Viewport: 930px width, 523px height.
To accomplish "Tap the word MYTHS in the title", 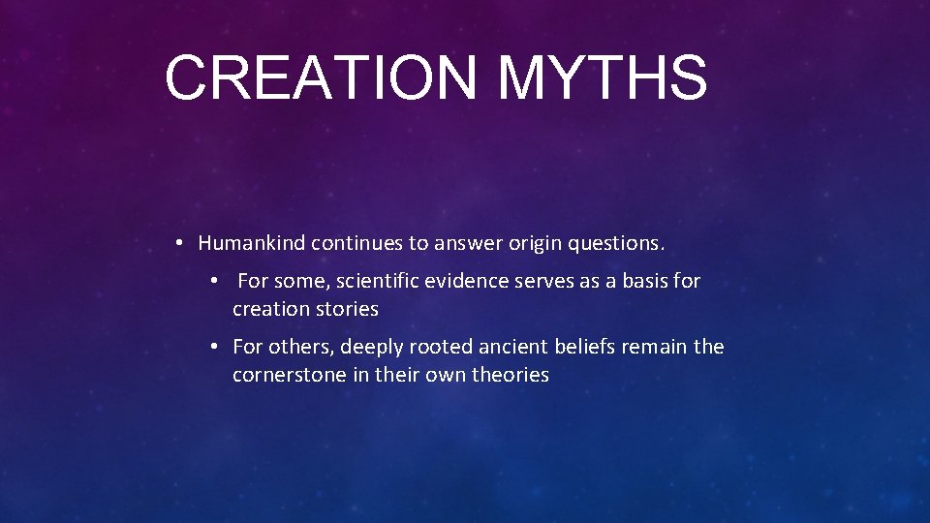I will (603, 77).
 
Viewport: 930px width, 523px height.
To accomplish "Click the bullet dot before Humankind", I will (181, 243).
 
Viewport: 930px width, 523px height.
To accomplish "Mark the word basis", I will (644, 282).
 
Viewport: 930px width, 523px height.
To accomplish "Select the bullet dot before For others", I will (214, 347).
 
